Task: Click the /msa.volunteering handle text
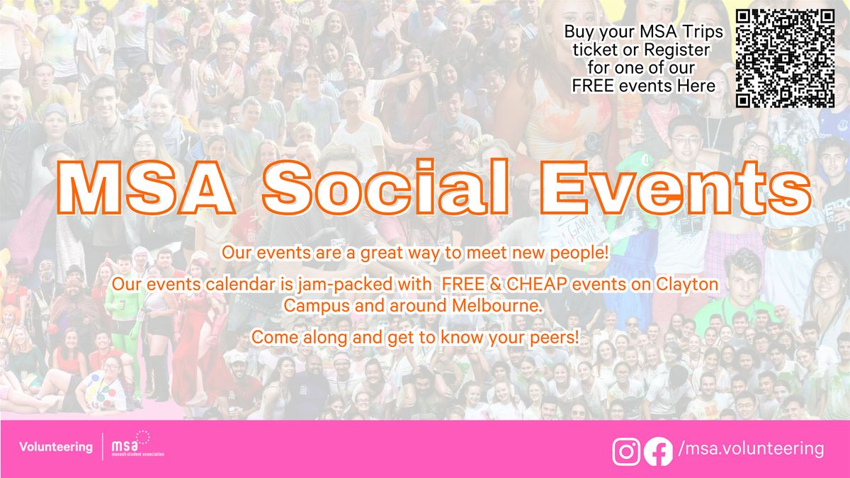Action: point(751,449)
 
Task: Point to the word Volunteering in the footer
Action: point(56,447)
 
